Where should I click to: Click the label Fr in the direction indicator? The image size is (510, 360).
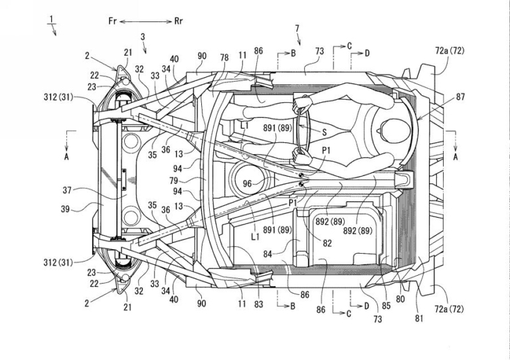[113, 21]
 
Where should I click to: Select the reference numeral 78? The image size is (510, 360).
[224, 58]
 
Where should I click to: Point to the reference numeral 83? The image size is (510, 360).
[259, 304]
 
